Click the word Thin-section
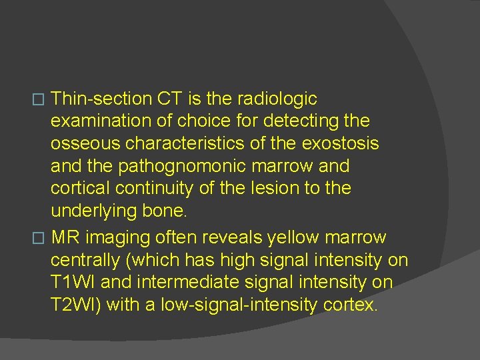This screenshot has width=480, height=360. (x=101, y=99)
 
